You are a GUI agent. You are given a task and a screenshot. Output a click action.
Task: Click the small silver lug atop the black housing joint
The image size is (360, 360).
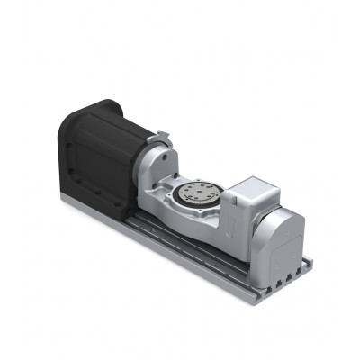(x=163, y=136)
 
